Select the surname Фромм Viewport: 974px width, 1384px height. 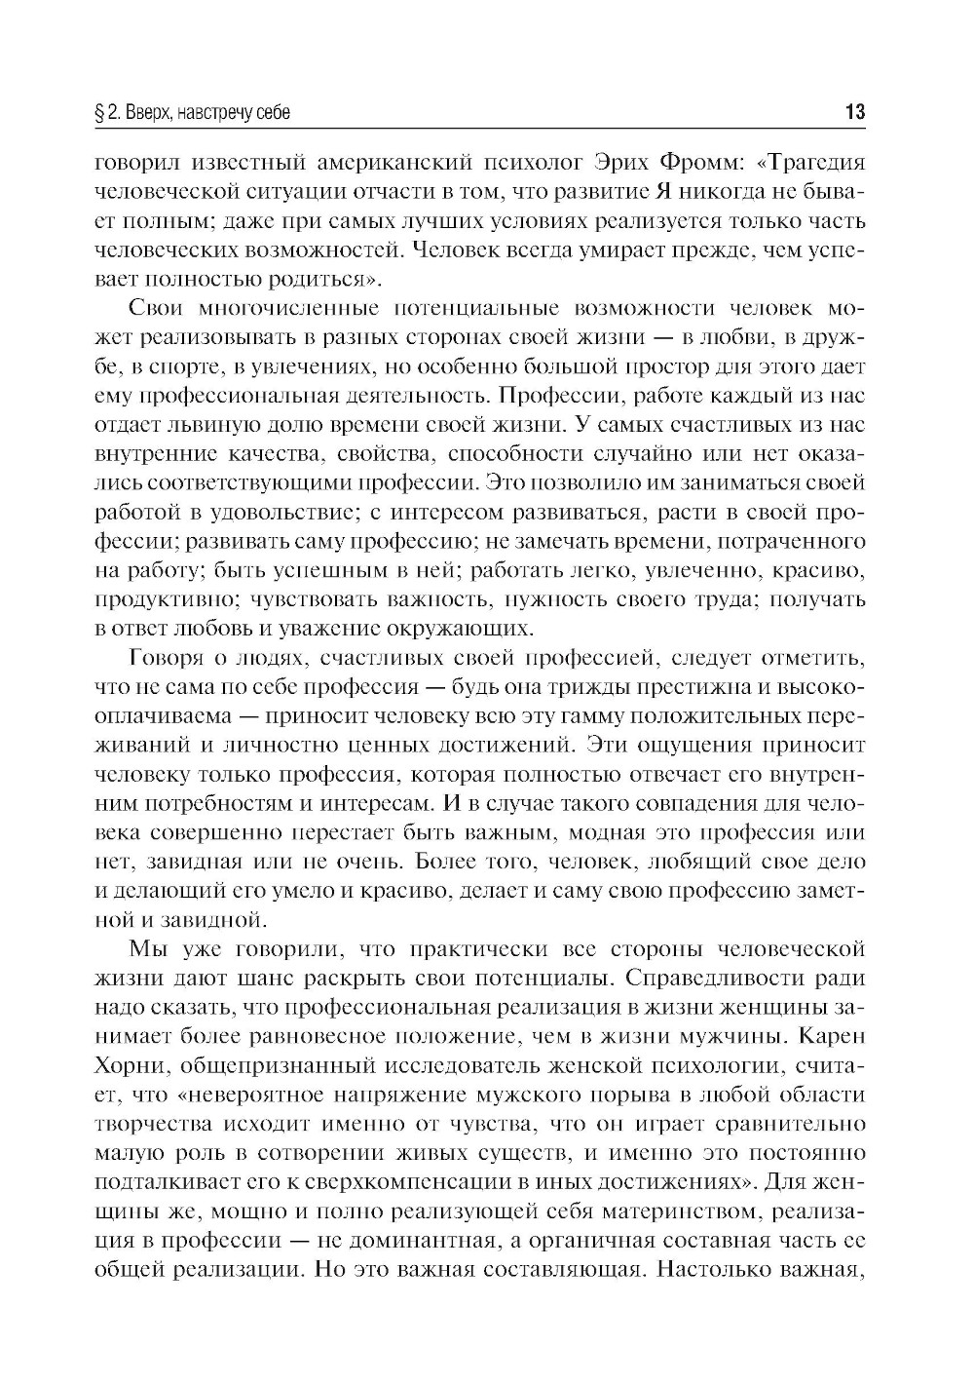(x=715, y=162)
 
